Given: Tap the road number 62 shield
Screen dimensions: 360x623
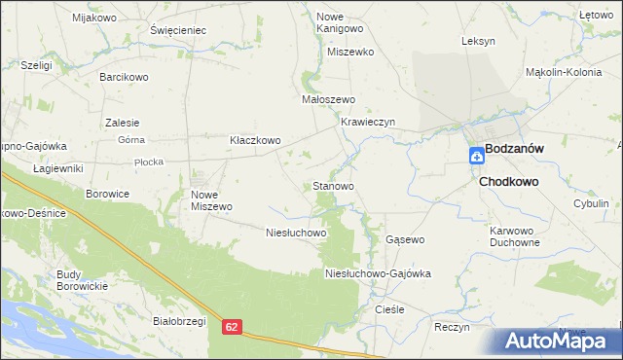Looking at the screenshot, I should [231, 330].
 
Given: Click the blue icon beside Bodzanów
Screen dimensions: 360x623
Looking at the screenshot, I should [475, 155].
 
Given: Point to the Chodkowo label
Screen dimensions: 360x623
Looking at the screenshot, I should [508, 181].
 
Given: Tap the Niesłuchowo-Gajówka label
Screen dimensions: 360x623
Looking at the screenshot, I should [378, 273].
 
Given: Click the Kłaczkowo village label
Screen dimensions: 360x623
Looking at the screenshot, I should [254, 140].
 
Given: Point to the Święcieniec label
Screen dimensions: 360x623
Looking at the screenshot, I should [178, 30].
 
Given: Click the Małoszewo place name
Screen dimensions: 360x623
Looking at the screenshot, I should [328, 99].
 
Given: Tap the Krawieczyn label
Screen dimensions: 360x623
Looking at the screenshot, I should [367, 122].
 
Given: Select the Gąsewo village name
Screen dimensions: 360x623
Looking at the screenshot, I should [405, 238].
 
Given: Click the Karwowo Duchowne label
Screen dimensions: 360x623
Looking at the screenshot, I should [514, 236].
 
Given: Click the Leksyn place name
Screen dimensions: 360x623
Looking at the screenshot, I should [479, 41].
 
